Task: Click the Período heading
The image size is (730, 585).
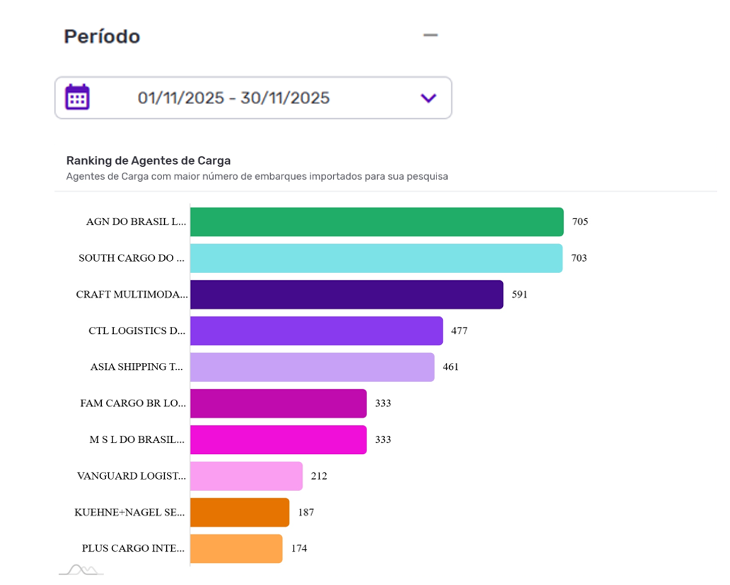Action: (x=102, y=36)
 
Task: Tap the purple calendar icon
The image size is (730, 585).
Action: (x=77, y=97)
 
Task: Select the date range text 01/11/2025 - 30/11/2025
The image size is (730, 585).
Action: (x=233, y=98)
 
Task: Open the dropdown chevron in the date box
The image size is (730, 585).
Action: (x=428, y=98)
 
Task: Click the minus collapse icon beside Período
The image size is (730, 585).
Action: (x=430, y=35)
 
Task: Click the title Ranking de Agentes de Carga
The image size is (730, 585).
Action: (x=149, y=161)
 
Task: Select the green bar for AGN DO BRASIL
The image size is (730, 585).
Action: (x=376, y=221)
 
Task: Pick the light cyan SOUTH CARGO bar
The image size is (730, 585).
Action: (x=376, y=258)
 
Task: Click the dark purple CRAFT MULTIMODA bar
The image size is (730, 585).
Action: (x=347, y=294)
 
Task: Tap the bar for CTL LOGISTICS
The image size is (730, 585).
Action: (x=316, y=331)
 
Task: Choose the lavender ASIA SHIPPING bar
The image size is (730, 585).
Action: (x=312, y=367)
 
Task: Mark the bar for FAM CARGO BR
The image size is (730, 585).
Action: (x=278, y=403)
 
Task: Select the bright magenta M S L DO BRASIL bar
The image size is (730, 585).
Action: (x=278, y=439)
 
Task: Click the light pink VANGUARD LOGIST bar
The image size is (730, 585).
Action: (x=246, y=476)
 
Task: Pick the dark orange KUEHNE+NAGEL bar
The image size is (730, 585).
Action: (x=240, y=512)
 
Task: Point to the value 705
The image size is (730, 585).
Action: (x=580, y=221)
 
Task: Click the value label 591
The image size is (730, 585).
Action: (x=520, y=294)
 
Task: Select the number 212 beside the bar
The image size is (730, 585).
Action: (x=319, y=476)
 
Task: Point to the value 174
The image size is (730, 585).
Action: (x=299, y=548)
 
